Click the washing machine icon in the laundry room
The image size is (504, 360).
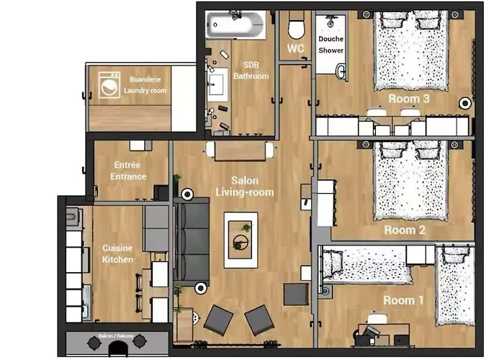click(109, 85)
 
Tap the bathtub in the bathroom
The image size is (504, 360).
click(236, 24)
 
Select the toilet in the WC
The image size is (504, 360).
click(296, 26)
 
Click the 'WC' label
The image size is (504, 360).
click(295, 48)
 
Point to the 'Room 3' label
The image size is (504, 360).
click(409, 99)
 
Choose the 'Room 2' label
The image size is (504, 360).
click(405, 230)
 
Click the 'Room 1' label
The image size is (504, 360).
click(403, 300)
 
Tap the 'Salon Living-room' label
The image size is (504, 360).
click(245, 186)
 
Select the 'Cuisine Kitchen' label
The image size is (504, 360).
click(117, 253)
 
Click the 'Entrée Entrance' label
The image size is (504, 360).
click(128, 171)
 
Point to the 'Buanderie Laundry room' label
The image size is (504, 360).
click(145, 85)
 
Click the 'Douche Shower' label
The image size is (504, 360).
click(330, 45)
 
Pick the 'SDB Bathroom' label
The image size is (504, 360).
click(251, 71)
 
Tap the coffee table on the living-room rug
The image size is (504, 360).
click(240, 240)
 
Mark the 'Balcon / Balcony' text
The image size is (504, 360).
click(116, 336)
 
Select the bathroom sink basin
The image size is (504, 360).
click(216, 84)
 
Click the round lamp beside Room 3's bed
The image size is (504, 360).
click(465, 103)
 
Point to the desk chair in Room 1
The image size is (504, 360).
click(377, 318)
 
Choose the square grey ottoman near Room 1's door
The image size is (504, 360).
click(296, 294)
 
